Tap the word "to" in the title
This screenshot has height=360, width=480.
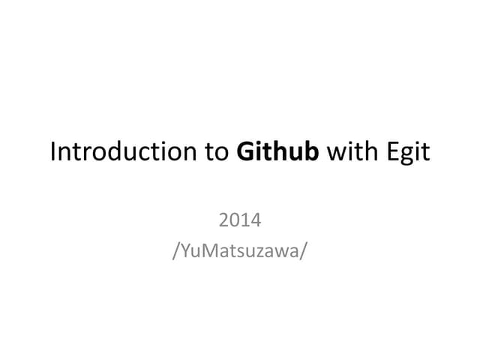coord(217,151)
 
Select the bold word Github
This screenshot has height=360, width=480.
coord(277,151)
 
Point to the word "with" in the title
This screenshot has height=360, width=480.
coord(349,151)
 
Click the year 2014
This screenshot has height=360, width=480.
coord(240,221)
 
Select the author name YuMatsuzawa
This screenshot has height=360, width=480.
coord(240,250)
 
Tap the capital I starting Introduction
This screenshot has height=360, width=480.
coord(52,151)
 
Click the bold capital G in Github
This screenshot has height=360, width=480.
coord(245,151)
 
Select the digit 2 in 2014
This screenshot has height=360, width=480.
coord(223,221)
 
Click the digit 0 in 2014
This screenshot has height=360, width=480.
coord(234,221)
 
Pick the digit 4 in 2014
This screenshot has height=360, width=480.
coord(256,221)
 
